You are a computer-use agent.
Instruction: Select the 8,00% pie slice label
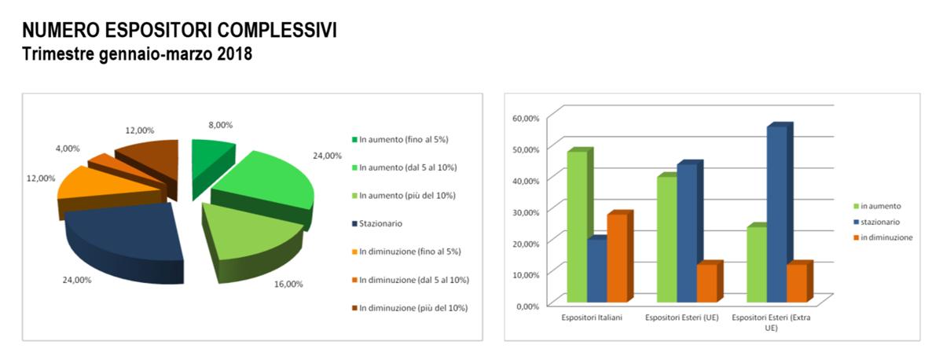pyautogui.click(x=220, y=125)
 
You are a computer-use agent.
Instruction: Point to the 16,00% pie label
pyautogui.click(x=288, y=285)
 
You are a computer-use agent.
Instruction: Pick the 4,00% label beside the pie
pyautogui.click(x=68, y=149)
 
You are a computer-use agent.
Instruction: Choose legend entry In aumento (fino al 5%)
pyautogui.click(x=400, y=139)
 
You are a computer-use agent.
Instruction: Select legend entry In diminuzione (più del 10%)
pyautogui.click(x=409, y=308)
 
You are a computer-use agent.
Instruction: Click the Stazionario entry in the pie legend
pyautogui.click(x=376, y=223)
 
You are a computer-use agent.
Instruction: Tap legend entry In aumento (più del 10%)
pyautogui.click(x=404, y=196)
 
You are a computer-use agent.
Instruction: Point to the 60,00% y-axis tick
pyautogui.click(x=526, y=119)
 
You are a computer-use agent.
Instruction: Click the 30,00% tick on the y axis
pyautogui.click(x=526, y=212)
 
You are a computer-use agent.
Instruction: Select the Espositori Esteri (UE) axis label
pyautogui.click(x=682, y=318)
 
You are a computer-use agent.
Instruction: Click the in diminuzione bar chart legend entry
pyautogui.click(x=883, y=237)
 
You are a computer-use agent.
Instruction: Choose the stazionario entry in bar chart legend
pyautogui.click(x=877, y=222)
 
